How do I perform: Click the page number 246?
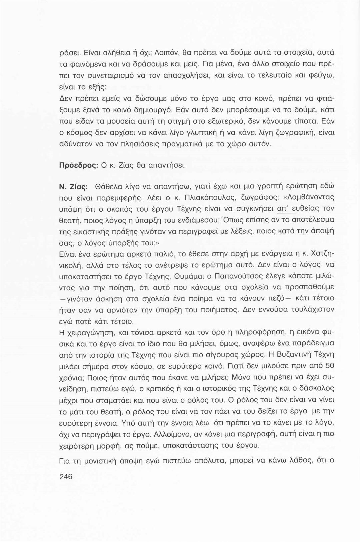(x=66, y=477)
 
